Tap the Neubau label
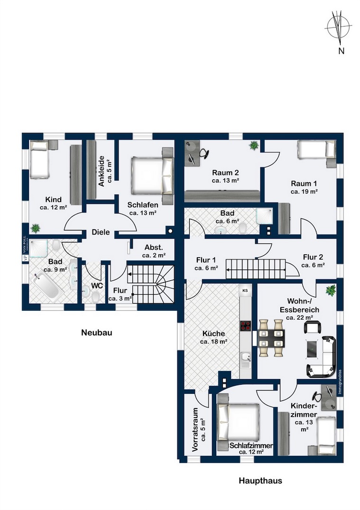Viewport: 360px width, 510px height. (x=96, y=333)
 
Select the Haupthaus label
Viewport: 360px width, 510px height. (x=260, y=481)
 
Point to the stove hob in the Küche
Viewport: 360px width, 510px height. (x=246, y=325)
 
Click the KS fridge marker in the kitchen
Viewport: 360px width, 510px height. (x=245, y=290)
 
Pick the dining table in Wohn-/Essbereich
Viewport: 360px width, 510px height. (x=271, y=338)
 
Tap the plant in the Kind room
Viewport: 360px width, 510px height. (x=35, y=229)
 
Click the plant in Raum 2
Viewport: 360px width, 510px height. (x=254, y=146)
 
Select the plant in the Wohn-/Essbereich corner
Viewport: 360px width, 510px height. (x=331, y=289)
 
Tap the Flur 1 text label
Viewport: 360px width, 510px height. (x=206, y=260)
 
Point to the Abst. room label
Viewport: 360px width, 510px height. (x=153, y=247)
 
